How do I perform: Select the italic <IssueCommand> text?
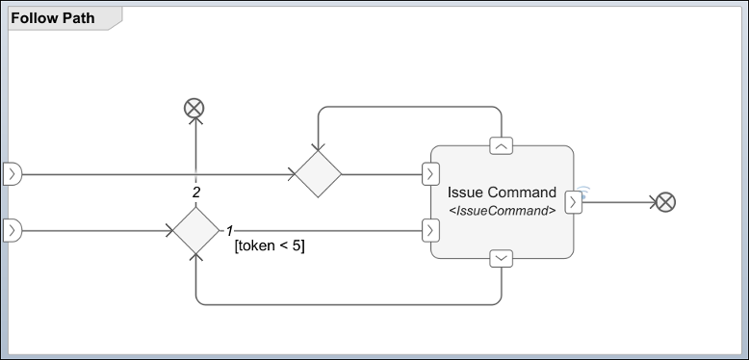[x=502, y=210]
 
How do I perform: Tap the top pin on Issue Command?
[x=502, y=145]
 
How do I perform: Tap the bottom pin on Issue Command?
[x=502, y=258]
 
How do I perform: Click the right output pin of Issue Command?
[x=574, y=202]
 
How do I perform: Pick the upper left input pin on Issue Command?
[x=431, y=174]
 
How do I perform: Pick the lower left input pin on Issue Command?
[x=431, y=230]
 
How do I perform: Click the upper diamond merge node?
[x=318, y=174]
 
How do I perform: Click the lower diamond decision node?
[x=195, y=231]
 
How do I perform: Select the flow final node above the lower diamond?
[x=195, y=109]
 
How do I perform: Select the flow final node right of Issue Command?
[x=664, y=202]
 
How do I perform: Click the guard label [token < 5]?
[x=270, y=246]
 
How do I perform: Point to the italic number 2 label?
[x=196, y=193]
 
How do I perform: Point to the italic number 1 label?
[x=230, y=231]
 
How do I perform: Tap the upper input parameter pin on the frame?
[x=13, y=174]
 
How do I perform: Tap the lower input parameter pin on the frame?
[x=13, y=231]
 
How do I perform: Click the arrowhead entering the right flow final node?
[x=650, y=202]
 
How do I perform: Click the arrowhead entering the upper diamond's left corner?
[x=291, y=174]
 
